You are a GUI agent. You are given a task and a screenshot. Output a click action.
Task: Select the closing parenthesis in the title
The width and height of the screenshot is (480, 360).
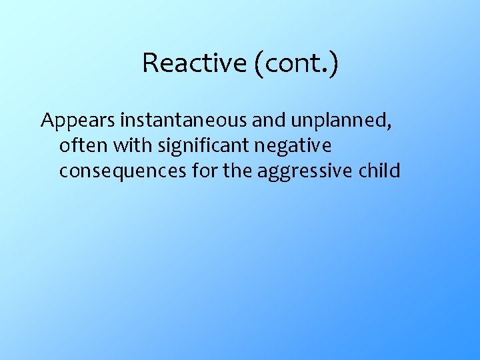[333, 63]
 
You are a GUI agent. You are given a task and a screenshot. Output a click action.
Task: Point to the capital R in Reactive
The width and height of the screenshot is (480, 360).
[149, 63]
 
